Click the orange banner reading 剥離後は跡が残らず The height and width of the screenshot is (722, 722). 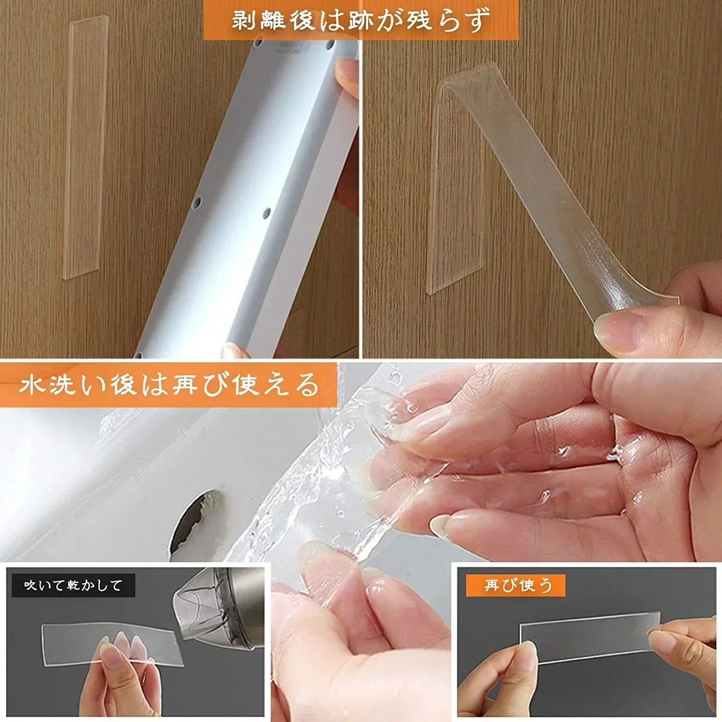click(x=361, y=20)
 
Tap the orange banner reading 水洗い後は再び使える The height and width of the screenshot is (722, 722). click(x=168, y=385)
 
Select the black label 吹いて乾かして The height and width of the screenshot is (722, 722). click(x=73, y=585)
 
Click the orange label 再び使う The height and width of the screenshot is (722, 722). click(x=516, y=585)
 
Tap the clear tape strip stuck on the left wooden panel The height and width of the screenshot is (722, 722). click(x=85, y=148)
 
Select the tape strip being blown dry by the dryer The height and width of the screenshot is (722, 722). click(x=111, y=643)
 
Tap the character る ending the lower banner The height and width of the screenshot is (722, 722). click(x=308, y=386)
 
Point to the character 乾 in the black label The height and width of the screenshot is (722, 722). click(x=73, y=585)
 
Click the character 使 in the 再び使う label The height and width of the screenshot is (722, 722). click(x=528, y=585)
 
